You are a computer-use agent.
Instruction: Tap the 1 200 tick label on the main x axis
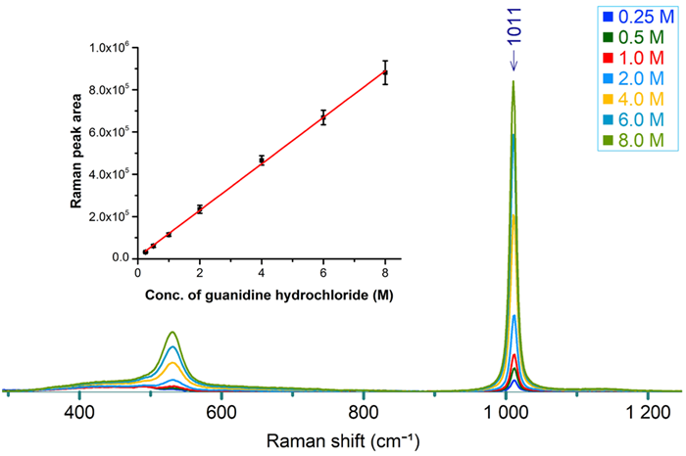(643, 412)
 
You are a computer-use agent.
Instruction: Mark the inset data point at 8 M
(385, 72)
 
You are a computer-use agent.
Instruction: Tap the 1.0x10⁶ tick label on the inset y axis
(111, 48)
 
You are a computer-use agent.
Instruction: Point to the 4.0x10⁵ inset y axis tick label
(111, 174)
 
